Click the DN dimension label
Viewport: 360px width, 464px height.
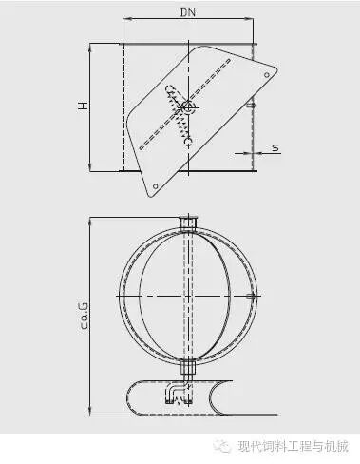point(188,12)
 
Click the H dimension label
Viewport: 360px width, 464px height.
point(84,106)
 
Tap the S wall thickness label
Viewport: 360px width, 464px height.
point(275,147)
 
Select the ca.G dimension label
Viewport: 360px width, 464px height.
point(85,316)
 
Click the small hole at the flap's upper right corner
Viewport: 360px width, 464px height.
point(267,75)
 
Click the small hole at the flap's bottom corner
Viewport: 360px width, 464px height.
point(155,186)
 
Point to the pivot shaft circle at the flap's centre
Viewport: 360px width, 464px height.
point(188,106)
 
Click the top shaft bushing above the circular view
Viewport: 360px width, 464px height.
point(188,222)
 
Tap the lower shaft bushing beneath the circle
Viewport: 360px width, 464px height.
point(188,368)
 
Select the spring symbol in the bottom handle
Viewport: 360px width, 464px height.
point(179,400)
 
